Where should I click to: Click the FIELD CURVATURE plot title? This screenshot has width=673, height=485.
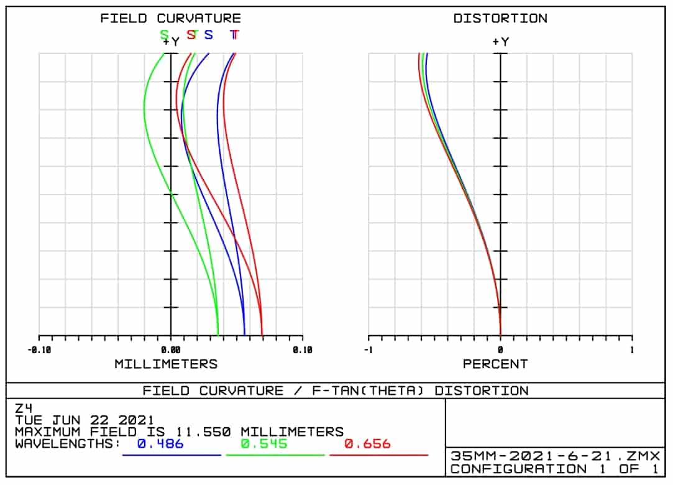point(170,18)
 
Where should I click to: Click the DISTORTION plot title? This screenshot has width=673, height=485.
point(500,18)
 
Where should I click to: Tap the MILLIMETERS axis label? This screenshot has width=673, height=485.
point(166,364)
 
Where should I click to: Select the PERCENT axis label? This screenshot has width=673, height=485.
point(495,364)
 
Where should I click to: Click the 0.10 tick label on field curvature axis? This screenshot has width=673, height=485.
point(303,350)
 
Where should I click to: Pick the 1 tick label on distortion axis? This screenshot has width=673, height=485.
point(632,350)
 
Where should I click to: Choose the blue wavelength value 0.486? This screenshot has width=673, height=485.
point(160,443)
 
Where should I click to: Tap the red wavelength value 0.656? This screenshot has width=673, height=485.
point(367,443)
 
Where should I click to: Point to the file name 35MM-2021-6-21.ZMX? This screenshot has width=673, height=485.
point(555,456)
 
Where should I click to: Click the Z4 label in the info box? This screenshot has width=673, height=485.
point(23,409)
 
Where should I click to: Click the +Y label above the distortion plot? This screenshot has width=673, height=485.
point(500,42)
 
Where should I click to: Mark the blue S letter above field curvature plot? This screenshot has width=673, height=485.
point(209,35)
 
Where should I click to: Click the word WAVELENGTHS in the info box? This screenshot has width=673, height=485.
point(67,443)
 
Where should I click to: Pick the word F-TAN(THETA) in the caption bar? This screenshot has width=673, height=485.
point(359,390)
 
